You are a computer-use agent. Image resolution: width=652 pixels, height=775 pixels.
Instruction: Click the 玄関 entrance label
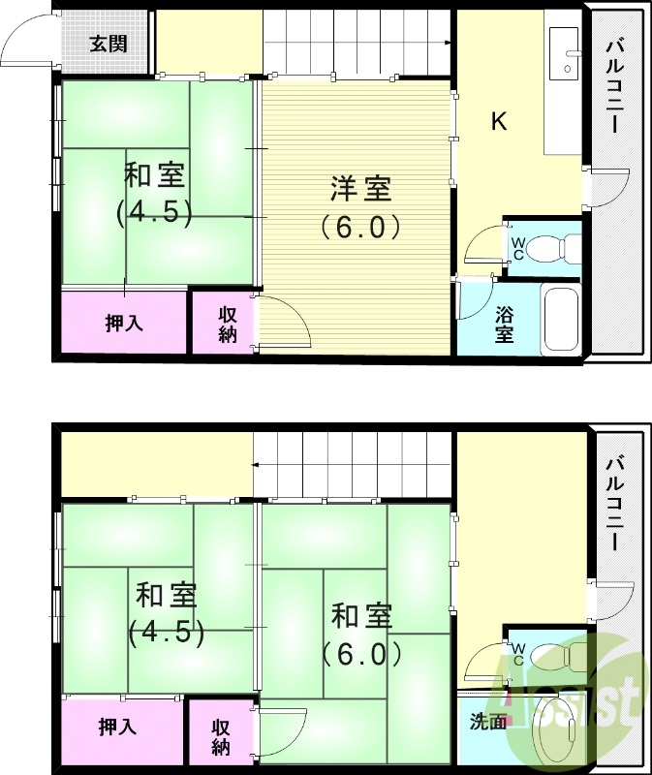[x=107, y=44]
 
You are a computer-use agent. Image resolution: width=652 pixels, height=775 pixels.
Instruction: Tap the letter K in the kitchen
[x=499, y=121]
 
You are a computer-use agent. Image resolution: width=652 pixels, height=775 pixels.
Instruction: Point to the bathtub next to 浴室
[x=562, y=320]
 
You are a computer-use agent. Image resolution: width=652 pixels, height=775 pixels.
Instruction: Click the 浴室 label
[x=505, y=325]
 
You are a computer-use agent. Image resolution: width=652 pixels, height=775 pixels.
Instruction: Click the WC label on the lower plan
[x=517, y=654]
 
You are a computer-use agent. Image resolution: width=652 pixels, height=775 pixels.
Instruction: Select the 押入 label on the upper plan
[x=124, y=324]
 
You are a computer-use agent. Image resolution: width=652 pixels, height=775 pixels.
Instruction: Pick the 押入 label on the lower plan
[x=116, y=728]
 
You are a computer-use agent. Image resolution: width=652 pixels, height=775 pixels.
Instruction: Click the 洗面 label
[x=488, y=722]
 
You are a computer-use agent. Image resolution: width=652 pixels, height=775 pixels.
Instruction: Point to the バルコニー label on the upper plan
[x=615, y=86]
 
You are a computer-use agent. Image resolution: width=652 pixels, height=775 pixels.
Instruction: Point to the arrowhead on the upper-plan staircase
[x=449, y=43]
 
